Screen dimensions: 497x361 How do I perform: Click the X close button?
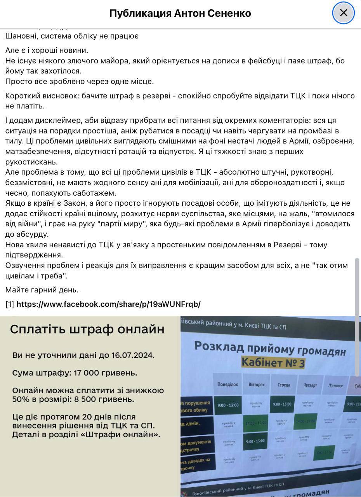tap(344, 13)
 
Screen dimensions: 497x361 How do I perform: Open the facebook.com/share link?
tap(108, 304)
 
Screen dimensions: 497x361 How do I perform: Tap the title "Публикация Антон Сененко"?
tap(180, 13)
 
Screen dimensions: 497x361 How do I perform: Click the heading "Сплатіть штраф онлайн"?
tap(87, 329)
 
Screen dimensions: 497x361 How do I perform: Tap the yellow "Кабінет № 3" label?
tap(273, 362)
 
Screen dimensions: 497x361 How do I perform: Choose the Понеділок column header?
tap(227, 385)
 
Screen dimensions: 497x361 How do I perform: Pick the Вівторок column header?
tap(256, 385)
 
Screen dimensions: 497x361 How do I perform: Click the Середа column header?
tap(284, 385)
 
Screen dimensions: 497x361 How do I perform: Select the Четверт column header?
tap(310, 385)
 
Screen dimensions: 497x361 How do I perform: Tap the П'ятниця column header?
tap(335, 385)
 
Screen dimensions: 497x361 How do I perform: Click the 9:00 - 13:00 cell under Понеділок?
tap(228, 405)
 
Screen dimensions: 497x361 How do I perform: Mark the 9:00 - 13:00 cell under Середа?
tap(282, 404)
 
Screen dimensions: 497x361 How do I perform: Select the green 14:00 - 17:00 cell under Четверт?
tap(306, 422)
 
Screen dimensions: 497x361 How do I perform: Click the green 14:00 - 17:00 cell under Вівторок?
tap(256, 423)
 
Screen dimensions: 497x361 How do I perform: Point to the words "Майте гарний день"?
tap(42, 290)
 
